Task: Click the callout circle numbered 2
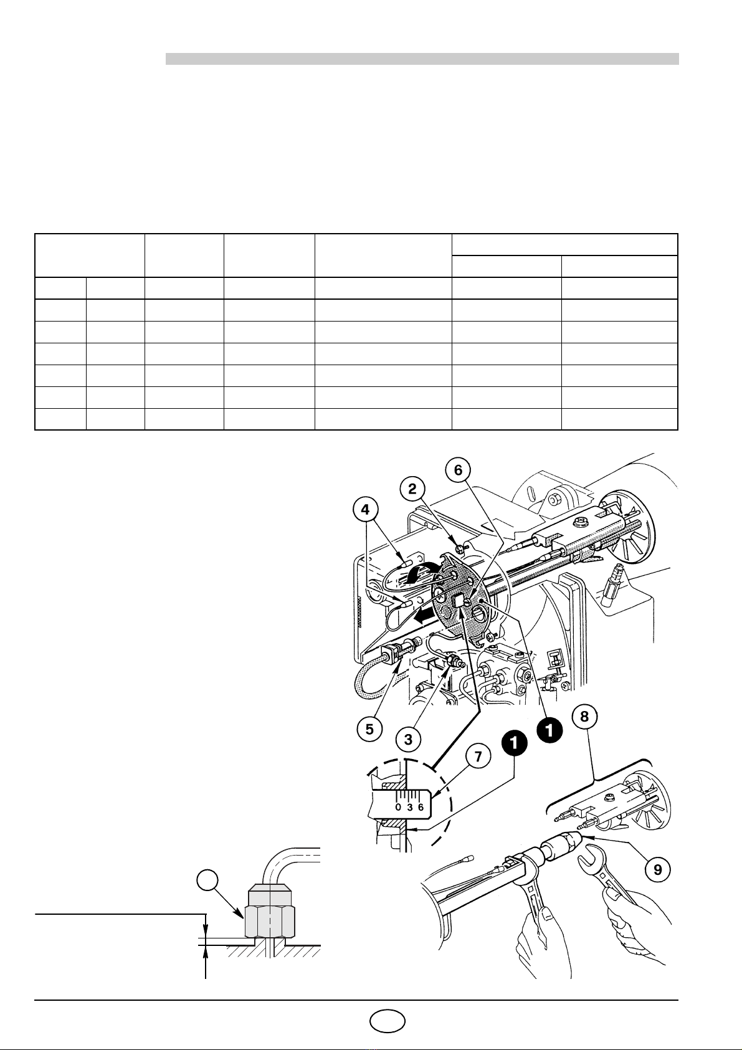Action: (x=412, y=489)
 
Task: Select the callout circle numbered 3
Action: (x=409, y=739)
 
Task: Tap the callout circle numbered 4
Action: (x=365, y=510)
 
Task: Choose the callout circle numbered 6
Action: (x=459, y=470)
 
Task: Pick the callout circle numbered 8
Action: (x=584, y=717)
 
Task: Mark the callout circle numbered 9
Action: (x=658, y=870)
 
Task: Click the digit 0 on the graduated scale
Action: (x=399, y=807)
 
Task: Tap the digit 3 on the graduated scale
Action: (x=410, y=807)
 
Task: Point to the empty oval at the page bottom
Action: (x=387, y=1021)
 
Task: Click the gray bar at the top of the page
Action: (x=422, y=59)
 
